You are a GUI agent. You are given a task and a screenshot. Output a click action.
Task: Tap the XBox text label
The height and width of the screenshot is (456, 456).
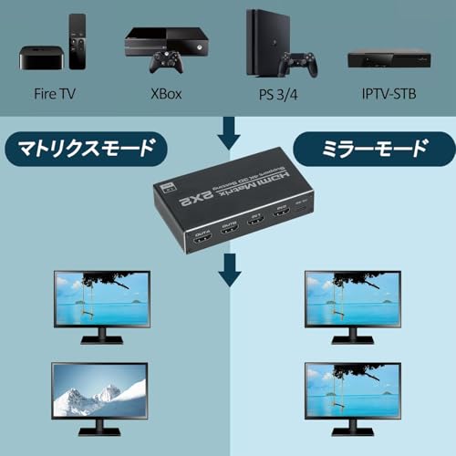(165, 92)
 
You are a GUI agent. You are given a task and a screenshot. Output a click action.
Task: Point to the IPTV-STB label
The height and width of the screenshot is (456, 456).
(390, 92)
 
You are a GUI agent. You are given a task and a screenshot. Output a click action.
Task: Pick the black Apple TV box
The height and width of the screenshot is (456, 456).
(39, 57)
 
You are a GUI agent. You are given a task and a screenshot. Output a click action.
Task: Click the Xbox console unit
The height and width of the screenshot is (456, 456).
(165, 40)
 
